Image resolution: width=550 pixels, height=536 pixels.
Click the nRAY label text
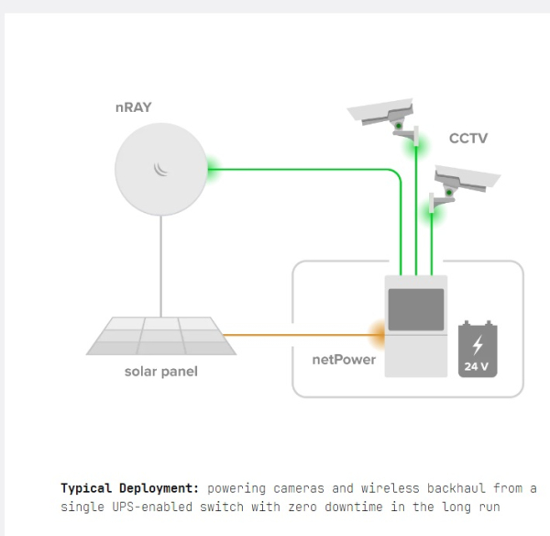point(133,108)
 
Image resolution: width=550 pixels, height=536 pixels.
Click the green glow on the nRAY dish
point(213,168)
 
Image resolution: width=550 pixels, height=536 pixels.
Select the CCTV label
point(467,139)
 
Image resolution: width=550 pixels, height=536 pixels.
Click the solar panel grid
point(161,335)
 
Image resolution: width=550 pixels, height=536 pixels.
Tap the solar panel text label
point(160,372)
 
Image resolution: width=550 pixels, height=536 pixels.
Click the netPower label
point(344,359)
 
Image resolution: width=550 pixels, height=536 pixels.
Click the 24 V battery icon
point(478,350)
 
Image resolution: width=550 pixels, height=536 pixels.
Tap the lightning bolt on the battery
point(478,344)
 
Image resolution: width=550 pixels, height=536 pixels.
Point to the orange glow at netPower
point(377,334)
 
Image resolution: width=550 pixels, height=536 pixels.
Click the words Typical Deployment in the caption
point(129,487)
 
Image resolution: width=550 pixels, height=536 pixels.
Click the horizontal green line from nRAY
point(302,168)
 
